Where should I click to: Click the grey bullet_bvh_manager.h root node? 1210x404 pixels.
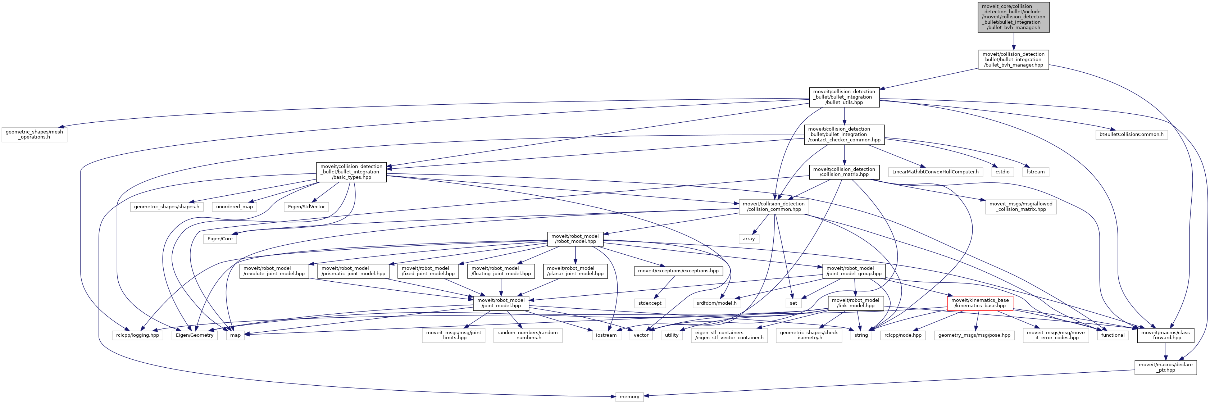tap(1013, 17)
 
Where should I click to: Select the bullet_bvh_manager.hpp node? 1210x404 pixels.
tap(1013, 60)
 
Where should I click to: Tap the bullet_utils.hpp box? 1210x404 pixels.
tap(844, 97)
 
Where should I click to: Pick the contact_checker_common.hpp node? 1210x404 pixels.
tap(844, 134)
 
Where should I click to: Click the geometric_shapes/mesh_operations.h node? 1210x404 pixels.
tap(34, 134)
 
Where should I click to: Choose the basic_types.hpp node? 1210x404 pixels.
tap(351, 172)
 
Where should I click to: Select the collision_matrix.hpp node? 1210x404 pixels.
tap(844, 172)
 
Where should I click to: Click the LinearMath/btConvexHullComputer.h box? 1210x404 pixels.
tap(935, 172)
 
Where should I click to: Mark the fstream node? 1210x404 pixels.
tap(1035, 172)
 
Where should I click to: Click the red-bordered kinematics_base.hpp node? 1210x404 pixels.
tap(980, 303)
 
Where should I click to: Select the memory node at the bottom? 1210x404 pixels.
tap(629, 397)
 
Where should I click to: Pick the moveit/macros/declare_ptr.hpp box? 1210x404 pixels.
tap(1165, 367)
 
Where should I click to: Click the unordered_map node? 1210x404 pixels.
tap(235, 207)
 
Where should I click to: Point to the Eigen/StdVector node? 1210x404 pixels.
tap(306, 207)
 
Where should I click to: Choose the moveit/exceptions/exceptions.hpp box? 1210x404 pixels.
tap(678, 271)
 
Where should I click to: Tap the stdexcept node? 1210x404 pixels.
tap(650, 303)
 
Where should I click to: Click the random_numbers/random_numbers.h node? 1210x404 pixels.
tap(528, 335)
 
